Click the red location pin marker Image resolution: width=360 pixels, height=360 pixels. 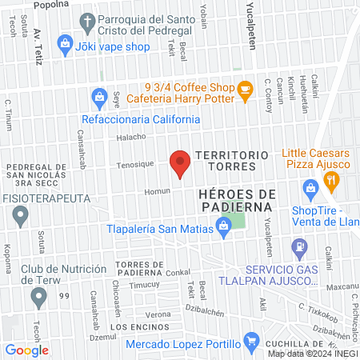point(181,162)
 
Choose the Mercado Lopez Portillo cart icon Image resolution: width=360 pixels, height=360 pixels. point(251,342)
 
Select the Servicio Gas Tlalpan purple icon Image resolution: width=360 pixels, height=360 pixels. point(299,247)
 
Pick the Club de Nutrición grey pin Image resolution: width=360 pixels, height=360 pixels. point(38,298)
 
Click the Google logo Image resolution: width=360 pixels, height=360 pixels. point(27,349)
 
